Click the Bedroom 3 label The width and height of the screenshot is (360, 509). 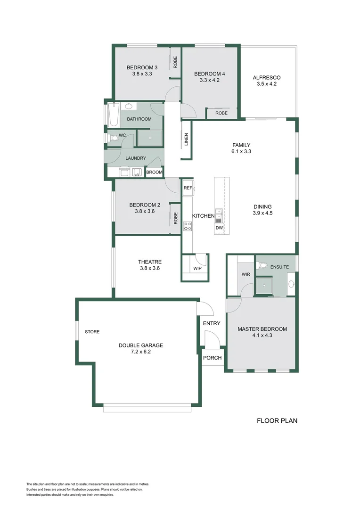click(142, 67)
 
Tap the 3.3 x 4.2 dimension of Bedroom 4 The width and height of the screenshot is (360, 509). click(209, 80)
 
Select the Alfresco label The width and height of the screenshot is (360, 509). click(267, 78)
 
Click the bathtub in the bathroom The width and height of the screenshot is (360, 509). click(113, 115)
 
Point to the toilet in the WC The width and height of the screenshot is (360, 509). click(113, 139)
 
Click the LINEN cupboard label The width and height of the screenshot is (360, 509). click(186, 140)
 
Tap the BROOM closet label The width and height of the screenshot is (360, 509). click(154, 172)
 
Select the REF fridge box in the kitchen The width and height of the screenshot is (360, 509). click(188, 188)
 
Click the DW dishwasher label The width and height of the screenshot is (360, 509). click(219, 228)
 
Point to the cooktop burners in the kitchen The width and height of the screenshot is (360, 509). click(188, 226)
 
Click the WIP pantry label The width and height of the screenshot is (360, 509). click(197, 269)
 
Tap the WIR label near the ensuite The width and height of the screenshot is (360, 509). click(246, 274)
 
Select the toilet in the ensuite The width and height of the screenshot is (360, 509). click(262, 266)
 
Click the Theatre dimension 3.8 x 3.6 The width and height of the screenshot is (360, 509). click(150, 268)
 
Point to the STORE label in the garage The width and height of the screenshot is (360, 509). click(92, 332)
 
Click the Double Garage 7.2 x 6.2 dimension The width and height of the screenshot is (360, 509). click(140, 352)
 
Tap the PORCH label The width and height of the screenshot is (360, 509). click(213, 358)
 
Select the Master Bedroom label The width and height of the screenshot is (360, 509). click(262, 329)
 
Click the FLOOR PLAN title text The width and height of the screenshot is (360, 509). click(277, 421)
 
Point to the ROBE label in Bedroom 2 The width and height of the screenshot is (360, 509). click(176, 218)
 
